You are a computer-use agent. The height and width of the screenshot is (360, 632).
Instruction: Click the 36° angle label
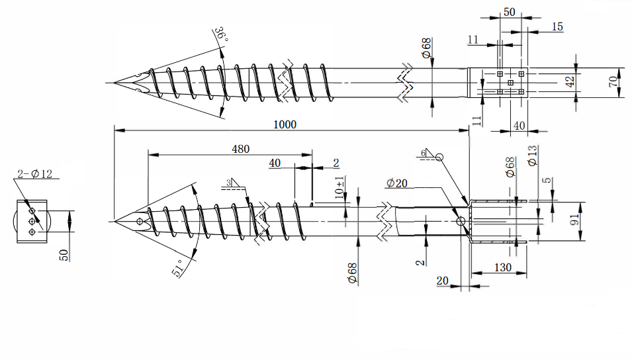pos(220,36)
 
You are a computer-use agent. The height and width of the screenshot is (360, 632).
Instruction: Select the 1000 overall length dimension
pos(286,124)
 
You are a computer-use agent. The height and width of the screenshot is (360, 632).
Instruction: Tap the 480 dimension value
pos(240,150)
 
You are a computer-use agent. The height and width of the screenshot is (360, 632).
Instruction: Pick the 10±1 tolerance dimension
pos(339,188)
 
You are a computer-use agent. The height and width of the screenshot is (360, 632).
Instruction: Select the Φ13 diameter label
pos(532,156)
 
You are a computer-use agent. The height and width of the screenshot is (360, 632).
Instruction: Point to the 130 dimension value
pos(500,267)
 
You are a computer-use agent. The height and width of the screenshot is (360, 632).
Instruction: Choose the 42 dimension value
pos(569,82)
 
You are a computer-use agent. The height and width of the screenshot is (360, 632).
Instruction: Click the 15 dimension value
pos(557,26)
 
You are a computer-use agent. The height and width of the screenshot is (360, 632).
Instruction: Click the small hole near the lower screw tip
pos(140,222)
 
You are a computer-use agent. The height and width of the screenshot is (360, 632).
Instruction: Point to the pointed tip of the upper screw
pos(114,83)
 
